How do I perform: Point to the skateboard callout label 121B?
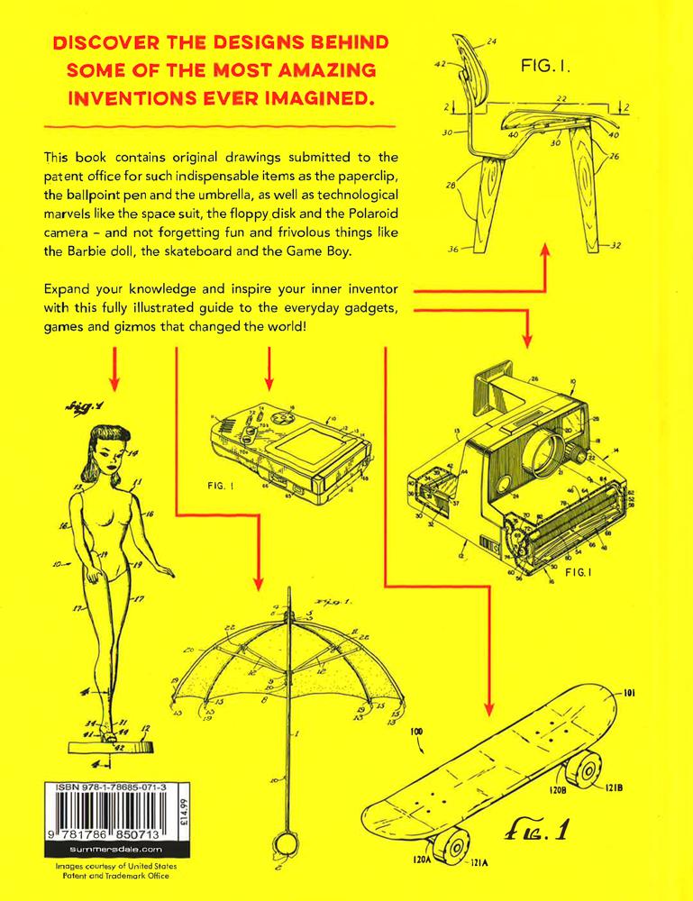[614, 786]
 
